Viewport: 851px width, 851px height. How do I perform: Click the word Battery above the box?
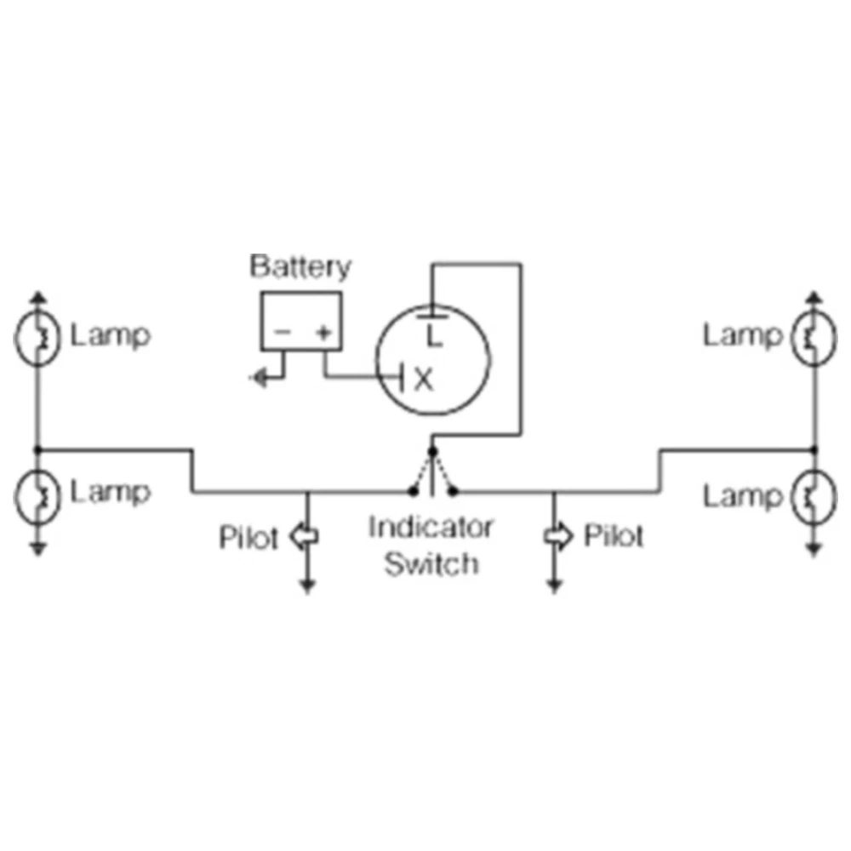[300, 266]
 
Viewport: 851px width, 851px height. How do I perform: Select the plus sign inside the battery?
[323, 333]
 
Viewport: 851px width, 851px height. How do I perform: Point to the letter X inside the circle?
[423, 380]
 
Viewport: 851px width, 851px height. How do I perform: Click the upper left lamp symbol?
[37, 336]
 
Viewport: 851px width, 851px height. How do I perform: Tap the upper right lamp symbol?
[814, 337]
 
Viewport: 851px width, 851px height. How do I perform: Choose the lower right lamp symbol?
[814, 495]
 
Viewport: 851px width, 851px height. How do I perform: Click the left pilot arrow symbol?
[304, 536]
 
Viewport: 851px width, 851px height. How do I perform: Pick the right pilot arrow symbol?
[558, 536]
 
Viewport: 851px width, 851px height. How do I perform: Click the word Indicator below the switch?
[431, 528]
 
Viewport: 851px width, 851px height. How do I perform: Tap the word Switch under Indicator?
[431, 563]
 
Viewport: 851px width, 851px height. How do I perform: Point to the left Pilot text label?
[248, 538]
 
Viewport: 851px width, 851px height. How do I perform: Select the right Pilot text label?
[614, 536]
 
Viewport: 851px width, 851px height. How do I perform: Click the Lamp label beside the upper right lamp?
[741, 336]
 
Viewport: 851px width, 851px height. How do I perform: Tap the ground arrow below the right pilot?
[555, 585]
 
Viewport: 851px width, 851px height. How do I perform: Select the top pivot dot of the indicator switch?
[432, 450]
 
